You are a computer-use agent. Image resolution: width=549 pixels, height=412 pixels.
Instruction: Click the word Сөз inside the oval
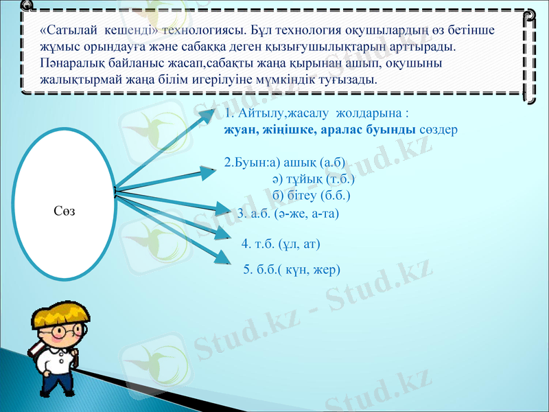click(x=63, y=210)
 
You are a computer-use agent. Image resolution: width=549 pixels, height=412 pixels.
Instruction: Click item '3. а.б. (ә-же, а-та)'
click(x=288, y=214)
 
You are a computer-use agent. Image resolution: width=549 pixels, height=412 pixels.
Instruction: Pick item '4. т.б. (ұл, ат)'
click(x=281, y=243)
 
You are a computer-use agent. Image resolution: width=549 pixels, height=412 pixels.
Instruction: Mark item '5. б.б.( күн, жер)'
click(x=292, y=269)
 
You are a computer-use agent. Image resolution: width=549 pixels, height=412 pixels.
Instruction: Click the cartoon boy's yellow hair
click(x=62, y=315)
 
